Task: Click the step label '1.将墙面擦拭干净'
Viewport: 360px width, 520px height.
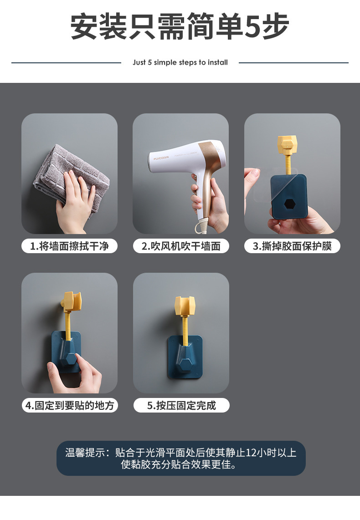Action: point(69,246)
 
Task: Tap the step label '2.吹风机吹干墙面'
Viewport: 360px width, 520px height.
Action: point(181,246)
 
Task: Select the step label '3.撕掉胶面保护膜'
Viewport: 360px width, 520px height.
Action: point(292,246)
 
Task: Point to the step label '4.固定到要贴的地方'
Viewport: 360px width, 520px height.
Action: point(69,405)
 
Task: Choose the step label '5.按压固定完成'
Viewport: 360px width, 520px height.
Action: point(181,405)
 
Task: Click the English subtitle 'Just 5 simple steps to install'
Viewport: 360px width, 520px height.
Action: point(180,62)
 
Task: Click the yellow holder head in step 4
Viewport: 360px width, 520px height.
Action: point(72,301)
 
